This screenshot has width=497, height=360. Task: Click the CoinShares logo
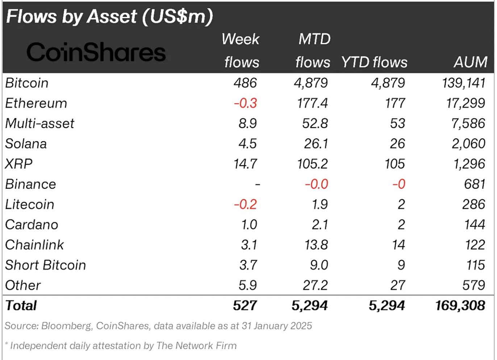point(96,52)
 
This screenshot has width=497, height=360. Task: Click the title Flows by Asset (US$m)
point(109,17)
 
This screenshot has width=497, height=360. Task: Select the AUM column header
point(470,62)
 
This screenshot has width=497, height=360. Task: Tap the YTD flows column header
point(374,62)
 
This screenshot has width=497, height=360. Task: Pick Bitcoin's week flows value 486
point(245,83)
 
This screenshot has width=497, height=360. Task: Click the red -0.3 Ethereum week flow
point(245,103)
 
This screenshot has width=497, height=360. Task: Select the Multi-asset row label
point(40,124)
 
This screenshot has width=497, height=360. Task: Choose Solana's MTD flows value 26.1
point(316,144)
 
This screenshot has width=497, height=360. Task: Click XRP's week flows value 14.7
point(245,164)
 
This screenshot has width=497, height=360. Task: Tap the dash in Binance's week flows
point(258,185)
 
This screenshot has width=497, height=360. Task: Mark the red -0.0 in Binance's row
point(316,184)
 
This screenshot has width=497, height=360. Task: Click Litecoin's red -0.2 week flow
point(245,204)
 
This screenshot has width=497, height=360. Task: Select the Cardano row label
point(32,225)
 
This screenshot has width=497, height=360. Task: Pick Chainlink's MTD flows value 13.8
point(316,245)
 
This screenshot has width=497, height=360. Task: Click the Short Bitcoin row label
point(46,265)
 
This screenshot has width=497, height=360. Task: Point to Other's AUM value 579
point(473,286)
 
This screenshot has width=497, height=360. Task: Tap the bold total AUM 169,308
point(460,306)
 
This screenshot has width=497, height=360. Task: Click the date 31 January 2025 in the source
point(277,326)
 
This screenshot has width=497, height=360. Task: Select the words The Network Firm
point(196,345)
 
